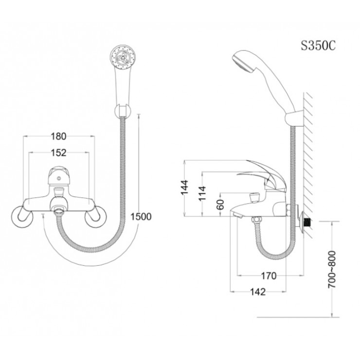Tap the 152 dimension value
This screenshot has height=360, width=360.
coord(59,153)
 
